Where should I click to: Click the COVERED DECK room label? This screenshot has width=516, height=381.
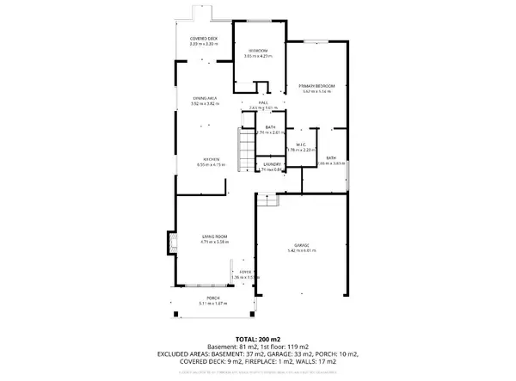203,40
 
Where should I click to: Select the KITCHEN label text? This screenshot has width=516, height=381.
210,159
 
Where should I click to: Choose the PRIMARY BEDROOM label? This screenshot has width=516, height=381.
316,86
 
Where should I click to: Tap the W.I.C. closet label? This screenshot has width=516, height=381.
301,144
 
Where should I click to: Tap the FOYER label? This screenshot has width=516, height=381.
245,272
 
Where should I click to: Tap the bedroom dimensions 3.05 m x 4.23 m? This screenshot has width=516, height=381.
255,58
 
